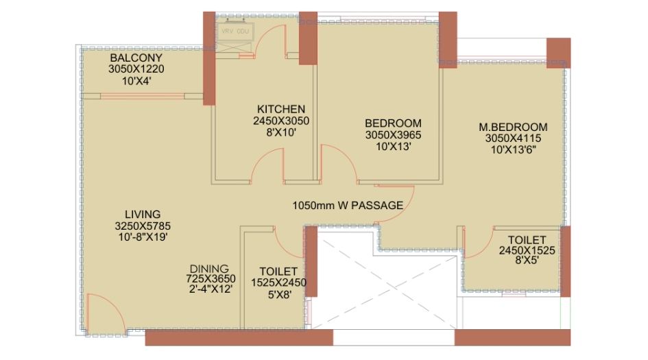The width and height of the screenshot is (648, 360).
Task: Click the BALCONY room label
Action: (x=136, y=58)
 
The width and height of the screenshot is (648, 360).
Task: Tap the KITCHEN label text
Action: (x=281, y=110)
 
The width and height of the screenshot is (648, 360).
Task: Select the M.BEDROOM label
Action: (x=513, y=127)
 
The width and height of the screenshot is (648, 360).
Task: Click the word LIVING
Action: (x=142, y=214)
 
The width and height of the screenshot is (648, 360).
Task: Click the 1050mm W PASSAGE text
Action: (x=348, y=205)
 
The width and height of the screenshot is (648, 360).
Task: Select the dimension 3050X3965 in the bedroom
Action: (x=392, y=135)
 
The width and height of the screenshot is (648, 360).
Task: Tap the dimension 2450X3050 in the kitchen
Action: (x=281, y=121)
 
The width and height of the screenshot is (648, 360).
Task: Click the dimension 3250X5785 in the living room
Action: (x=142, y=226)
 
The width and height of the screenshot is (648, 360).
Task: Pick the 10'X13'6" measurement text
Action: (x=513, y=149)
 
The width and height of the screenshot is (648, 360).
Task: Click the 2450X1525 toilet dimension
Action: (x=527, y=251)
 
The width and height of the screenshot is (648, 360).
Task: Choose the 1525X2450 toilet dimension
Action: (x=279, y=283)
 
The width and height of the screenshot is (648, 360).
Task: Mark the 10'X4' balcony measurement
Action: (x=136, y=81)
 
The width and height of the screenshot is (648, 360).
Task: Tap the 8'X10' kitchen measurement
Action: (x=281, y=133)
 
